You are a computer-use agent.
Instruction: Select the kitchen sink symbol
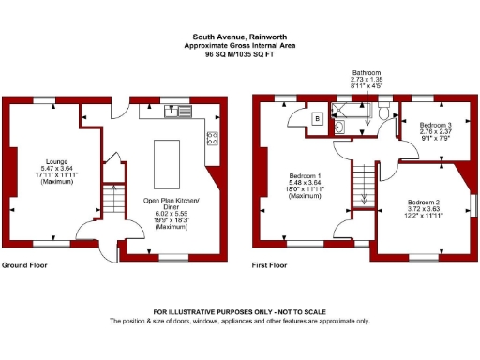point(172,112)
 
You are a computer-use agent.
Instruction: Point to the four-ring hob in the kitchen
point(212,139)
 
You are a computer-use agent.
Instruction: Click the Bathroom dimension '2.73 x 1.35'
point(366,81)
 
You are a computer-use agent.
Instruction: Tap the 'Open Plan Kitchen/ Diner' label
point(170,203)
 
